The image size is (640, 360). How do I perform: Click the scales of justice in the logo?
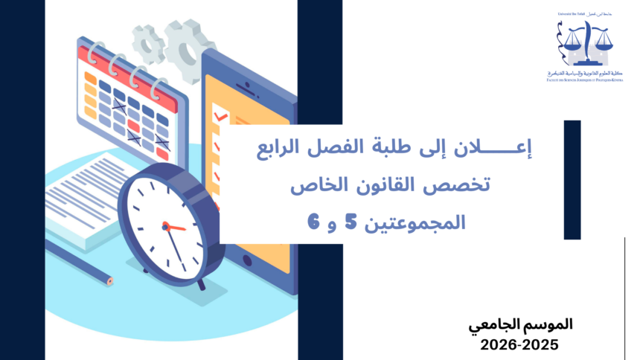tap(586, 41)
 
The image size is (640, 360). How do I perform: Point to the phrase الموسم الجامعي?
tap(522, 325)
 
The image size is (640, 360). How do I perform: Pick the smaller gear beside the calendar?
tap(148, 42)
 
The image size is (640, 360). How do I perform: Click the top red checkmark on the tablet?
tap(220, 118)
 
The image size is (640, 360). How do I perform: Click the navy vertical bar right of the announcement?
tap(572, 179)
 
